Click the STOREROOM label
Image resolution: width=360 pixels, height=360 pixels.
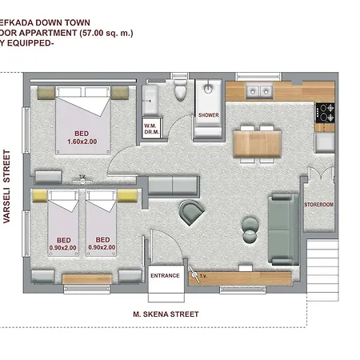pyautogui.click(x=318, y=206)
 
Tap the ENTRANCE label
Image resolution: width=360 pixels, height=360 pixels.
pyautogui.click(x=165, y=275)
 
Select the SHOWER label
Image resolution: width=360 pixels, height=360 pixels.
pyautogui.click(x=207, y=115)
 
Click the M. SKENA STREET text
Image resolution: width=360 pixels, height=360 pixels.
pyautogui.click(x=166, y=314)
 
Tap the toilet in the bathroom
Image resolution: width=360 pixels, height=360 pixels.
pyautogui.click(x=181, y=91)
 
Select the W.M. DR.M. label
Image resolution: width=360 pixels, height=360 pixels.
pyautogui.click(x=150, y=129)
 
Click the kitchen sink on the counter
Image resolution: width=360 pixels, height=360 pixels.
pyautogui.click(x=258, y=89)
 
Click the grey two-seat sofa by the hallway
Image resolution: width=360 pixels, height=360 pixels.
pyautogui.click(x=172, y=186)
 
